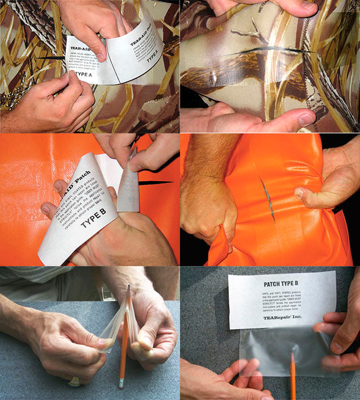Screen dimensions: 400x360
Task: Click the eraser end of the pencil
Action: tap(120, 384)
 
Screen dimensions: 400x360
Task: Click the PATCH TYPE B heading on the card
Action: tap(282, 284)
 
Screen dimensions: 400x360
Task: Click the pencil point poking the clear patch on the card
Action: tap(291, 356)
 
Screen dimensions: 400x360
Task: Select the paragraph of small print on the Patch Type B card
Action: tap(281, 301)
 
